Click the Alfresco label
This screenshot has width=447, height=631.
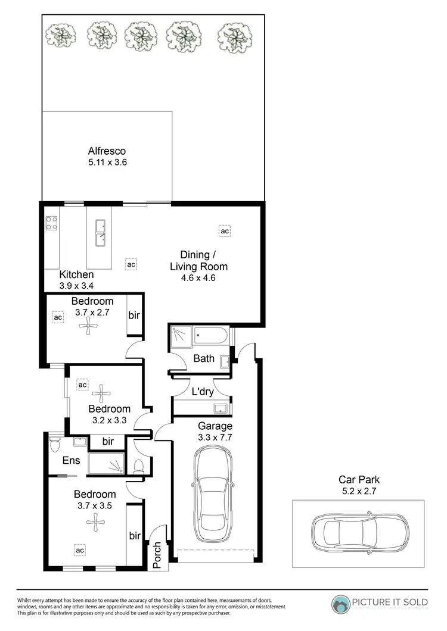coord(107,151)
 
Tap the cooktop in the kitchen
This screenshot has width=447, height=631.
coord(51,224)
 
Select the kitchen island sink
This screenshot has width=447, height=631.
coord(101,233)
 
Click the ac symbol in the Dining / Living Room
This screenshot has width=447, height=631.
coord(225,230)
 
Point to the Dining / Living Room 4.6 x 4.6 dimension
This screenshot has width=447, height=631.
coord(198,277)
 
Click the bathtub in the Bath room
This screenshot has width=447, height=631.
coord(211,337)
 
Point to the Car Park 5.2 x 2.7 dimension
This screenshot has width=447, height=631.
coord(359,491)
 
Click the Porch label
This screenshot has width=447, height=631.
coord(157,555)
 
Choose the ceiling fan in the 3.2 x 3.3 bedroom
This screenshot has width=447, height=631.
coord(101,391)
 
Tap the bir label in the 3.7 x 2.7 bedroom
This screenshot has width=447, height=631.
coord(134,315)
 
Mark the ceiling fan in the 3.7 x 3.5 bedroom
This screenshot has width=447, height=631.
coord(95,523)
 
